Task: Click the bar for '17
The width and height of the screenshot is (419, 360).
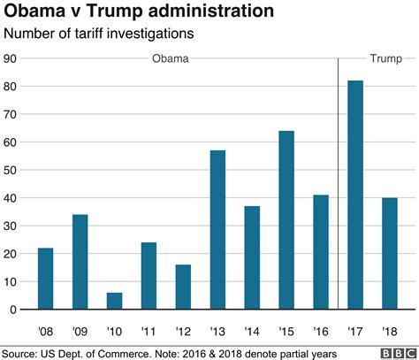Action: point(354,195)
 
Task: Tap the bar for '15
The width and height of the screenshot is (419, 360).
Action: point(286,220)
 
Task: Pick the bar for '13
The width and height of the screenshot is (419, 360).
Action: point(217,230)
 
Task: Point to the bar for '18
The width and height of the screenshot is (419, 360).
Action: point(389,254)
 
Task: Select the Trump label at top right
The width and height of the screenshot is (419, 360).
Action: point(384,58)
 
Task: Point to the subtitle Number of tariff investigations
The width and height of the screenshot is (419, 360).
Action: point(100,34)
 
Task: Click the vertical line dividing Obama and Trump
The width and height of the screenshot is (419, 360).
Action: point(338,177)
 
